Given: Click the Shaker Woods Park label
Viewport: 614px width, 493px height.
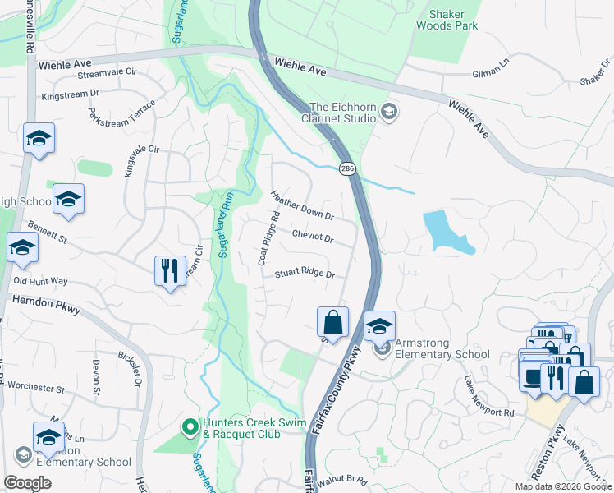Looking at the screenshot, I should pyautogui.click(x=452, y=20).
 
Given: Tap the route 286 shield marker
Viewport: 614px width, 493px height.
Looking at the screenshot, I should pyautogui.click(x=346, y=168).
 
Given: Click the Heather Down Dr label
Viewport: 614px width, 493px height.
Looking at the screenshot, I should pyautogui.click(x=302, y=206).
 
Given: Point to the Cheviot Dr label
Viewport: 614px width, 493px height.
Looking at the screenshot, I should pyautogui.click(x=312, y=238).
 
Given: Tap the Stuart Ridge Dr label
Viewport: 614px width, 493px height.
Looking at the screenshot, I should pyautogui.click(x=305, y=273).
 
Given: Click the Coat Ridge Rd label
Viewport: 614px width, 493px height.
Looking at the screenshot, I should pyautogui.click(x=264, y=237).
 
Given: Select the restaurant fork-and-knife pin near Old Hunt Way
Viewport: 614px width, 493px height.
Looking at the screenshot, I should pyautogui.click(x=169, y=270).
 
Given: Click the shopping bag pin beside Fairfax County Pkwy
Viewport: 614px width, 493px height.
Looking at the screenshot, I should pyautogui.click(x=332, y=321).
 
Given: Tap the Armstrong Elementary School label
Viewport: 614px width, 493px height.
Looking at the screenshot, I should pyautogui.click(x=442, y=349).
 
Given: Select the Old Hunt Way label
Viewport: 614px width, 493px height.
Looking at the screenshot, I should pyautogui.click(x=40, y=281).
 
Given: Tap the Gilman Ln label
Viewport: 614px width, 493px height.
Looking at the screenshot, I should pyautogui.click(x=491, y=73).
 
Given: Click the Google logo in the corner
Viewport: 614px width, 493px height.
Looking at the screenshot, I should pyautogui.click(x=27, y=483).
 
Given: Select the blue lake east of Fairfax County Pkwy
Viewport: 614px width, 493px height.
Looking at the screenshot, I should pyautogui.click(x=444, y=231).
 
